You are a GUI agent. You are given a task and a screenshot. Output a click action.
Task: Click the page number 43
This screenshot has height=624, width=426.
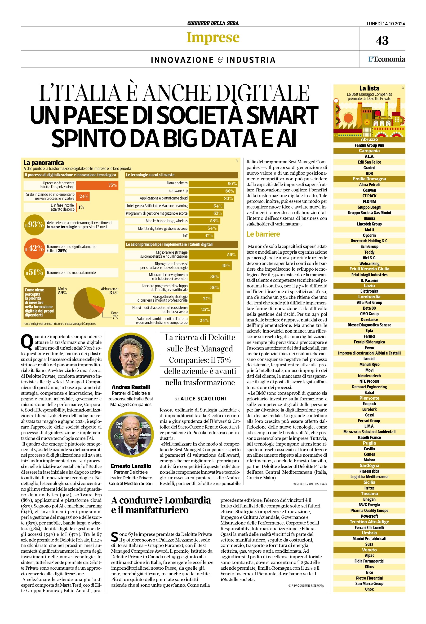(x=382, y=41)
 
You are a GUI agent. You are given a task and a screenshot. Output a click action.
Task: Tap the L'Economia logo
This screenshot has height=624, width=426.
(x=386, y=59)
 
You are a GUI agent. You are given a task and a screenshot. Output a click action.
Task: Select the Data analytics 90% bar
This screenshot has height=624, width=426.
(x=213, y=184)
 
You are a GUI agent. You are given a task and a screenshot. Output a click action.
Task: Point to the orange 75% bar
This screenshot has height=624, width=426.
(x=97, y=185)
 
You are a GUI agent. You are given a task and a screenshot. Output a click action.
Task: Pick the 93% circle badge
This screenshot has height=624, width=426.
(x=34, y=225)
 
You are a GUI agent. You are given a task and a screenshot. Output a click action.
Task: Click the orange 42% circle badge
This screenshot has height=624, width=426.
(x=34, y=248)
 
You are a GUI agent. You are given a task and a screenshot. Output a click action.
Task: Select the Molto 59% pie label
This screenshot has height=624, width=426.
(x=62, y=291)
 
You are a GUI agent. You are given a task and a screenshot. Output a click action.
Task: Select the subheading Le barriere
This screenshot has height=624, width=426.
(x=263, y=234)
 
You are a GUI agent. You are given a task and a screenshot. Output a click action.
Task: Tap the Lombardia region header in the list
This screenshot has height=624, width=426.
(x=369, y=297)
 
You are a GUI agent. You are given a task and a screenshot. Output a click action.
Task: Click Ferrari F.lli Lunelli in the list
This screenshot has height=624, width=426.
(x=369, y=527)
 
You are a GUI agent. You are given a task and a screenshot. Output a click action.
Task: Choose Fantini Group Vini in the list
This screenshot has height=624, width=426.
(x=369, y=145)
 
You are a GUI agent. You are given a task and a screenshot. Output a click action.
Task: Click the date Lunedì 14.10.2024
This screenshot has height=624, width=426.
(x=386, y=24)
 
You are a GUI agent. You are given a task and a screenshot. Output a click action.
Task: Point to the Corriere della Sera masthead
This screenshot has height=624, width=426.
(x=213, y=23)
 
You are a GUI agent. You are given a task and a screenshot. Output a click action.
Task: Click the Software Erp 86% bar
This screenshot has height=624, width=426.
(x=212, y=191)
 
